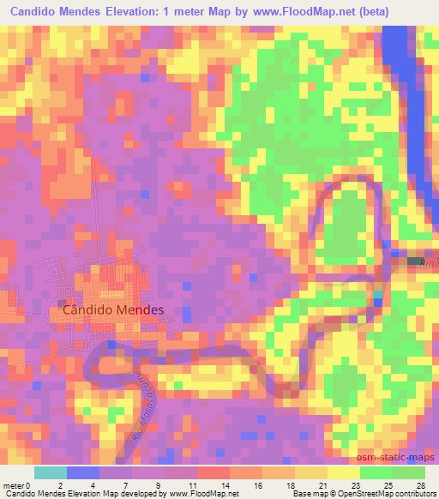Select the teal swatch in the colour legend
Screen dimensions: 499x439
[51, 472]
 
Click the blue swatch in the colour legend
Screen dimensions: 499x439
[83, 472]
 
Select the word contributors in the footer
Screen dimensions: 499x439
[415, 495]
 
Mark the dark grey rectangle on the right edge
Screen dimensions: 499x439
[415, 260]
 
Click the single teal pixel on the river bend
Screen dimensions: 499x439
[379, 297]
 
